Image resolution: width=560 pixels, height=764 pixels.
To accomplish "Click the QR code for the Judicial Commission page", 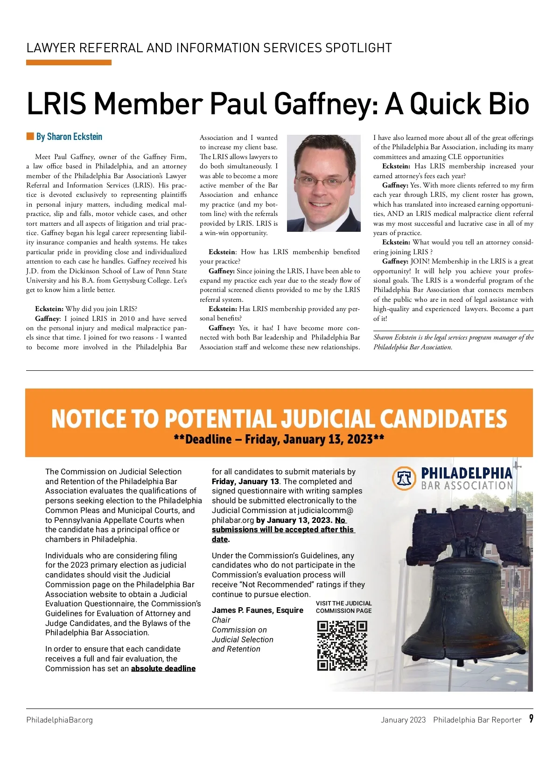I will pyautogui.click(x=342, y=645).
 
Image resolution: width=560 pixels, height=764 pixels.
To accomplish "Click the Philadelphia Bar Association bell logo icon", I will pyautogui.click(x=404, y=478).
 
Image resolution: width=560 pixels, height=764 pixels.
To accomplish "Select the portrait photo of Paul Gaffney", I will pyautogui.click(x=323, y=183).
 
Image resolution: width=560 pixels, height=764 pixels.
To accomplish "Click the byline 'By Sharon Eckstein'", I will pyautogui.click(x=69, y=137).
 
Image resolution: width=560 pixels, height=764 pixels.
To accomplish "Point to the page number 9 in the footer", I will pyautogui.click(x=531, y=719).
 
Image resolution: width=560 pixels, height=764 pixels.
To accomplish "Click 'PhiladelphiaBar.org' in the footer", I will pyautogui.click(x=59, y=720).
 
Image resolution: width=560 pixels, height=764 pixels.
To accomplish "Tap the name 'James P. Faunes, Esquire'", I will pyautogui.click(x=257, y=610).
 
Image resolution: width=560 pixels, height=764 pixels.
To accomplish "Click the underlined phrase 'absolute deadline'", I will pyautogui.click(x=163, y=668).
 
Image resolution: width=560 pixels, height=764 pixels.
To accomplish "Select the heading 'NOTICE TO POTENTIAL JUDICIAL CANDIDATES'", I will pyautogui.click(x=279, y=418).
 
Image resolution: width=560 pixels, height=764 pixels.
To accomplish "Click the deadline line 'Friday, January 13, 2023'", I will pyautogui.click(x=279, y=439).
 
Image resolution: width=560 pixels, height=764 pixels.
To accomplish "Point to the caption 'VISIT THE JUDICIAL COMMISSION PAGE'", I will pyautogui.click(x=343, y=607).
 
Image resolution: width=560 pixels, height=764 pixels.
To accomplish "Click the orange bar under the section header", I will pyautogui.click(x=69, y=63).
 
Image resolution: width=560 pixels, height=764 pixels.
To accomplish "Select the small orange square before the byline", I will pyautogui.click(x=30, y=136).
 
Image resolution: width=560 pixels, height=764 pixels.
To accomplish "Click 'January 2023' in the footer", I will pyautogui.click(x=403, y=720).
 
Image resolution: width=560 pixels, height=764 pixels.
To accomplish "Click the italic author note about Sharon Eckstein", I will pyautogui.click(x=453, y=342).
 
